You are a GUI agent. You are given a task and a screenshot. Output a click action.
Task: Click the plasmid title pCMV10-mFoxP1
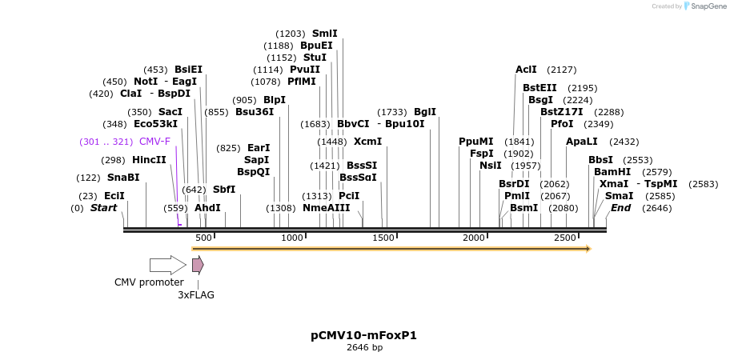click(363, 335)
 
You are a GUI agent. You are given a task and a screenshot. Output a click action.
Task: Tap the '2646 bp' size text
click(363, 348)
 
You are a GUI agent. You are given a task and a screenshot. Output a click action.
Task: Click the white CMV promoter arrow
click(167, 265)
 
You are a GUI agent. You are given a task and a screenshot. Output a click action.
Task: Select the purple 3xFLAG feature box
click(197, 265)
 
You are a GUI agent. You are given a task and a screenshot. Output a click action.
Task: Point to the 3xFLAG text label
click(196, 294)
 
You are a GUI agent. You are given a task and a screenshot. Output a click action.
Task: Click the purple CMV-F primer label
click(154, 142)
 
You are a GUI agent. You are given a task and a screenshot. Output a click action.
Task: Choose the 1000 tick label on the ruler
click(292, 238)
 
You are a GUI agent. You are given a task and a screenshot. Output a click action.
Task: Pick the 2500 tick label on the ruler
click(565, 238)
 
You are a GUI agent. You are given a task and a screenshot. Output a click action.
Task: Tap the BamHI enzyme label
click(612, 172)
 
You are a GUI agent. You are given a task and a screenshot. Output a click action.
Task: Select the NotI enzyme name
click(146, 82)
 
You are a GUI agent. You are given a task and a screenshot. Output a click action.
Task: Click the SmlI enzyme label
click(325, 34)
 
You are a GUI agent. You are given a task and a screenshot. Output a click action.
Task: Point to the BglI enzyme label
click(425, 112)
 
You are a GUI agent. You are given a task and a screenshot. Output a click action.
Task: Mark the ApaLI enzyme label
click(581, 142)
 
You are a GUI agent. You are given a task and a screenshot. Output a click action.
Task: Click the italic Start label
click(103, 208)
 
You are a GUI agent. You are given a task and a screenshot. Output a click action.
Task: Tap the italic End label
click(620, 208)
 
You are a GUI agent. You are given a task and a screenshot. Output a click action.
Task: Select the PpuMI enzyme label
click(476, 142)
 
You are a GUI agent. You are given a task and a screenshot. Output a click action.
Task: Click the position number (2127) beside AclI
click(562, 70)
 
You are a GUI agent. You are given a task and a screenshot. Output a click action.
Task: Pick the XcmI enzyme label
click(367, 142)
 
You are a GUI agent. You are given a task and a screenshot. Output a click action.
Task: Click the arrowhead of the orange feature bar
click(588, 249)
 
